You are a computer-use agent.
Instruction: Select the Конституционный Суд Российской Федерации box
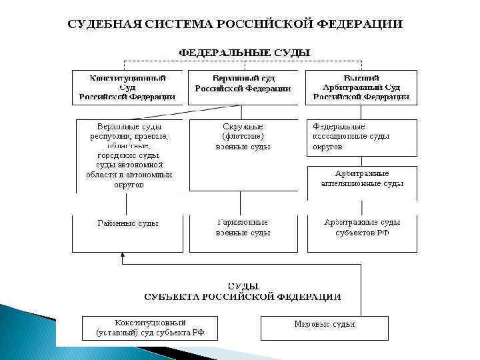coord(127,87)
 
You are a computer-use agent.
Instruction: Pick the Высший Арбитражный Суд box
coord(361,87)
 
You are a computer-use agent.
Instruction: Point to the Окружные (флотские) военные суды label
coord(243,137)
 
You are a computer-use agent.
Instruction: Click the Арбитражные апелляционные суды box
coord(362,179)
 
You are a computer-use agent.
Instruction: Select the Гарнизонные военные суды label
coord(243,227)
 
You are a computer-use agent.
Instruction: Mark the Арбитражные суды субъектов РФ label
coord(362,227)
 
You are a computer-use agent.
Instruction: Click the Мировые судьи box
coord(325,325)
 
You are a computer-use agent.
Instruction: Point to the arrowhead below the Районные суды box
coord(122,255)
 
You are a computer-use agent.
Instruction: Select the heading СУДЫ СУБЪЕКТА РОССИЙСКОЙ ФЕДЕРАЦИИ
coord(243,291)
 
